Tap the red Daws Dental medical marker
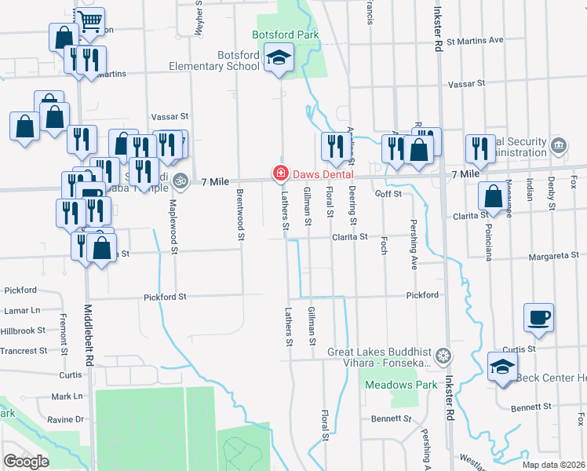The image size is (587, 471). pos(278,173)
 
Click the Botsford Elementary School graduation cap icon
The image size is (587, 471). pos(278,58)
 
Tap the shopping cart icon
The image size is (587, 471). pos(91,21)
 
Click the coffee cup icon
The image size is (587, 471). pos(538,317)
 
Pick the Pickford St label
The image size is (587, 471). pos(165,297)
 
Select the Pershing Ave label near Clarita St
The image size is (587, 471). pos(414,250)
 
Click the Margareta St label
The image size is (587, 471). pos(554,255)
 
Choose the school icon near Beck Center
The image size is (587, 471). pos(502,367)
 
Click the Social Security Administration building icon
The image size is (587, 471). pos(558,144)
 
